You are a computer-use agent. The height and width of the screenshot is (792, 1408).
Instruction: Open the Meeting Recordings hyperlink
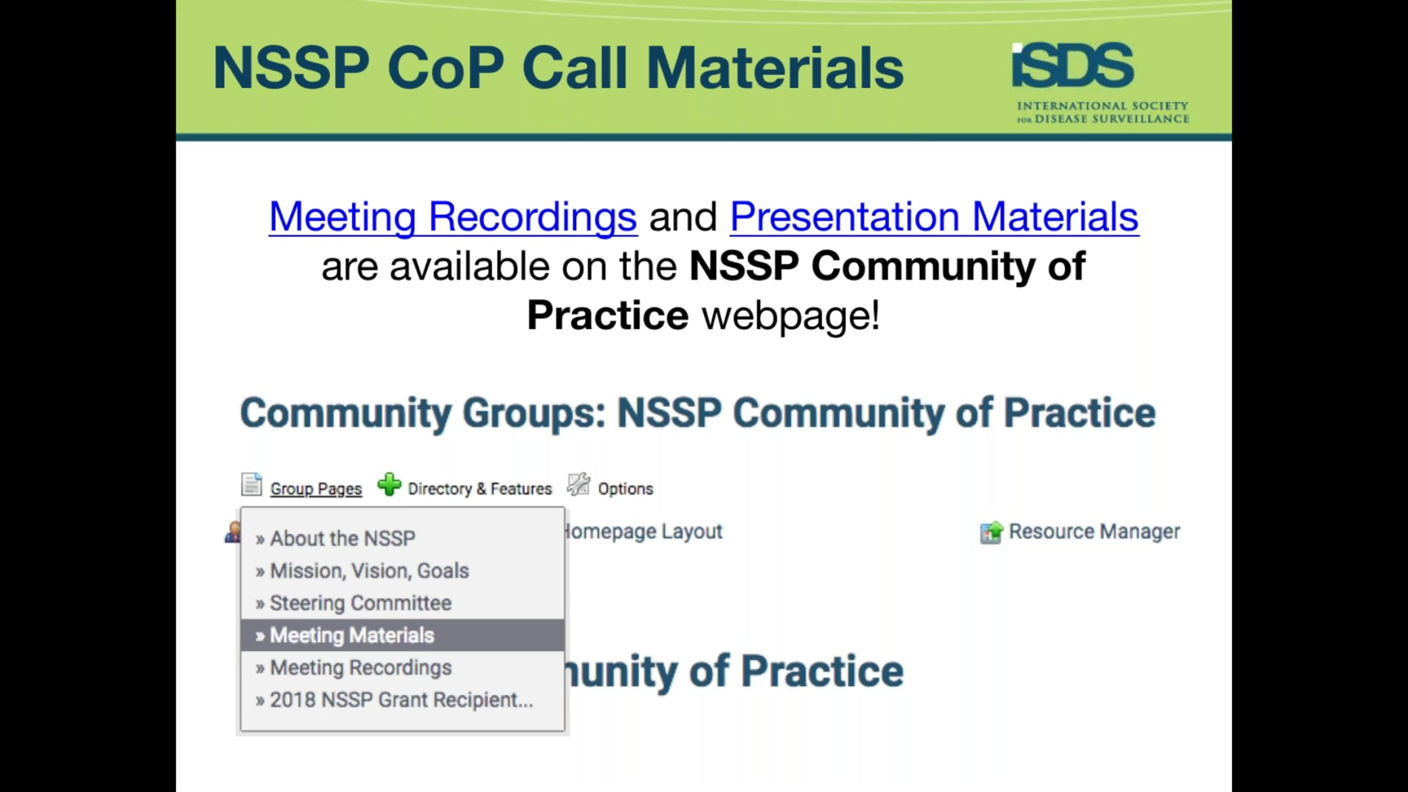click(x=453, y=217)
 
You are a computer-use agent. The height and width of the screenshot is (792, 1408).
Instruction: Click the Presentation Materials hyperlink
click(x=934, y=217)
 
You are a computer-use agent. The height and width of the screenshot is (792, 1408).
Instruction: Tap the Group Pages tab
click(x=316, y=489)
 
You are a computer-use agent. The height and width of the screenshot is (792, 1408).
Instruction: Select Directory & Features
click(x=480, y=489)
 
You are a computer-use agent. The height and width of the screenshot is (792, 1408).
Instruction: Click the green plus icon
click(x=389, y=485)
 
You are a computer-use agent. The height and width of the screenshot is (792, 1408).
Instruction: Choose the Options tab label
click(x=625, y=489)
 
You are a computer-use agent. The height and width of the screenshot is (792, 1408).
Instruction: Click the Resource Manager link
click(x=1094, y=532)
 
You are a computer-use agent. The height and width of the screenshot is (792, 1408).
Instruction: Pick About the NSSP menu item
click(x=343, y=539)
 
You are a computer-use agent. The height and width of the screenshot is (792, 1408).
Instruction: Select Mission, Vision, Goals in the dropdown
click(x=369, y=571)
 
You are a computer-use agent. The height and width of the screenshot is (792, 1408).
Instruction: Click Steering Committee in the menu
click(x=360, y=603)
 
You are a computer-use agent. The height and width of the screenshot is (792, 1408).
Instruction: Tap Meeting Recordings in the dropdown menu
click(x=360, y=668)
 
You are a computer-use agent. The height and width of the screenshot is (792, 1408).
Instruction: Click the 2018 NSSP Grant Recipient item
click(x=401, y=700)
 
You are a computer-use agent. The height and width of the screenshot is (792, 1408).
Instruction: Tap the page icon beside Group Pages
click(x=252, y=485)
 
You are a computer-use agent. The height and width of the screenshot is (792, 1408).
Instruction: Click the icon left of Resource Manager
click(x=991, y=533)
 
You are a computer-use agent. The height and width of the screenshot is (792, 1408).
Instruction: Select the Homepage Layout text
click(x=643, y=532)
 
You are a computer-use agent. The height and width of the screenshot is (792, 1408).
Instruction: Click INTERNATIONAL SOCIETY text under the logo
click(x=1103, y=106)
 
